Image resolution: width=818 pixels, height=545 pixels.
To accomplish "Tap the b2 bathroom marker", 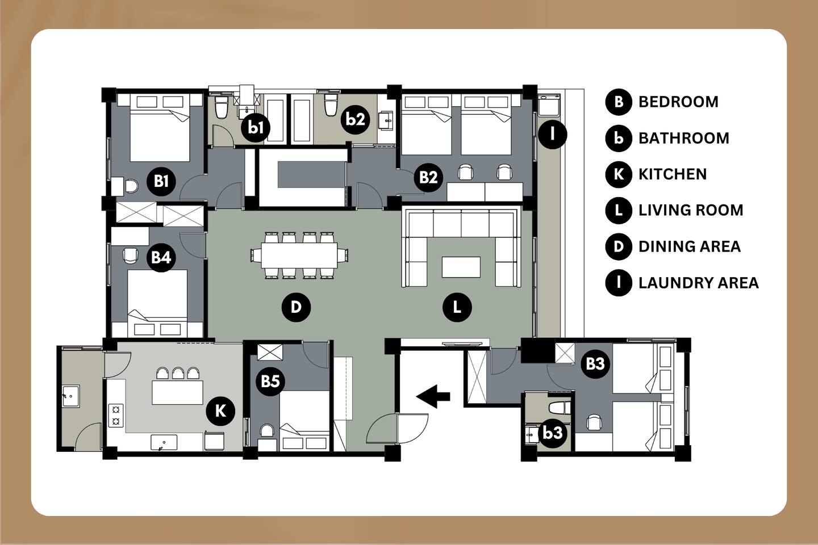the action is (x=356, y=119).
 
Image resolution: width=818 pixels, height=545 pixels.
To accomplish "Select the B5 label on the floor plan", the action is (x=270, y=381).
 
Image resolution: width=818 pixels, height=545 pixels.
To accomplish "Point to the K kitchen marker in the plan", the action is (x=220, y=412).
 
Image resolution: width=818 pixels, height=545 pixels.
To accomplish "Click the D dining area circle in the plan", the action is (x=296, y=307).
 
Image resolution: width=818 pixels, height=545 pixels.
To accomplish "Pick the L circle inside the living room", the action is (x=457, y=307).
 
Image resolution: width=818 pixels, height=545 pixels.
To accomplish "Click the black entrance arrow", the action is (x=433, y=396).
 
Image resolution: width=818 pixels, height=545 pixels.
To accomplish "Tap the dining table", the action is (x=299, y=255).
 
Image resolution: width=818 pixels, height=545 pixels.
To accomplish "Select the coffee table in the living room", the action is (x=461, y=267).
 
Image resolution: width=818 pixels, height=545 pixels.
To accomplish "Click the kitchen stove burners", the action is (x=116, y=416).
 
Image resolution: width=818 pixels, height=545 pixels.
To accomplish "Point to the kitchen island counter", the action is (x=177, y=392).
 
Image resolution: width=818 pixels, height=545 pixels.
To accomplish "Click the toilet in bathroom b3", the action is (x=559, y=408).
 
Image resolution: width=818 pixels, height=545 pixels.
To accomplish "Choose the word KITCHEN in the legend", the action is (x=673, y=174).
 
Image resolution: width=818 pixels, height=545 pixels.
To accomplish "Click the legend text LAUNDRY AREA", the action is (x=699, y=283).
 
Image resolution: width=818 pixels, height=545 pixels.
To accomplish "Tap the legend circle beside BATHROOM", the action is (x=619, y=138).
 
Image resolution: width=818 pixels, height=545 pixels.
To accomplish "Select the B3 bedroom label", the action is (x=595, y=363).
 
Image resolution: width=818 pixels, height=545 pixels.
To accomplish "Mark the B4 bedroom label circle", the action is (x=161, y=257).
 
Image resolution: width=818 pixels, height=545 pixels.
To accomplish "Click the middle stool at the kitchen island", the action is (x=178, y=373).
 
